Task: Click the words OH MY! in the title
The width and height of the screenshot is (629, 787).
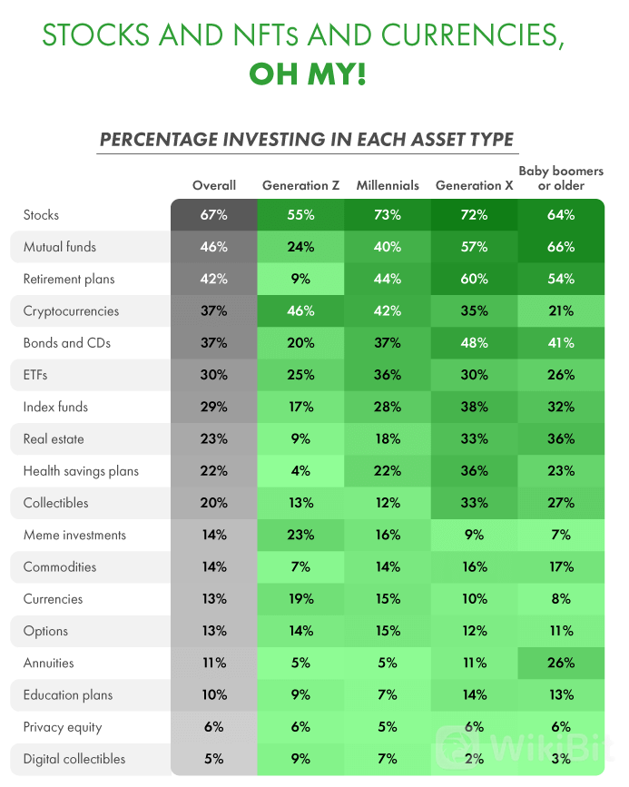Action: (307, 74)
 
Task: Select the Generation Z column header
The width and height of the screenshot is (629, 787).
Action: (300, 185)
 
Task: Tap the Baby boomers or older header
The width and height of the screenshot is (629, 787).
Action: (560, 178)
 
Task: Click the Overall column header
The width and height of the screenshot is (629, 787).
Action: (214, 185)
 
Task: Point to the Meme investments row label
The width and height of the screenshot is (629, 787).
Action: (74, 536)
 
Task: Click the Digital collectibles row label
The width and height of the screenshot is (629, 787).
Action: (74, 759)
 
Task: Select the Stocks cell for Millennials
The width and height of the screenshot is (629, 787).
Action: (388, 215)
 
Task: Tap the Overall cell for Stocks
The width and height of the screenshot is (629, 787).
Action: (214, 215)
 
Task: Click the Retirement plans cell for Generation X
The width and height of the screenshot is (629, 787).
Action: (474, 280)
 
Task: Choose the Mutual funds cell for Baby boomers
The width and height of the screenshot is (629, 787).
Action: (561, 247)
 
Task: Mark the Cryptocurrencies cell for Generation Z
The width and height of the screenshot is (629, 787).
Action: (300, 311)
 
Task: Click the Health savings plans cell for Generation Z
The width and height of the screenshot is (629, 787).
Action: (300, 471)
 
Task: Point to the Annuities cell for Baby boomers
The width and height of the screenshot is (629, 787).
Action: (561, 663)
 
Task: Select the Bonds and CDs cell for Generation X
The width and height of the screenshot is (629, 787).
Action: (474, 343)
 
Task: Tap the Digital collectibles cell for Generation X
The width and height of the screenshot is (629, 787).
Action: (474, 759)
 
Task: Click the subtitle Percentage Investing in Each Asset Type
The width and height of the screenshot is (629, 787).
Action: (307, 140)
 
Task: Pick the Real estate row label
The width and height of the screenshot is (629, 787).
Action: (54, 439)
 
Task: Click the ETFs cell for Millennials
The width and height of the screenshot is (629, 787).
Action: (388, 375)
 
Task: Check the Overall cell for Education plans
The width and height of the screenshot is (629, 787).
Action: (214, 695)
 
